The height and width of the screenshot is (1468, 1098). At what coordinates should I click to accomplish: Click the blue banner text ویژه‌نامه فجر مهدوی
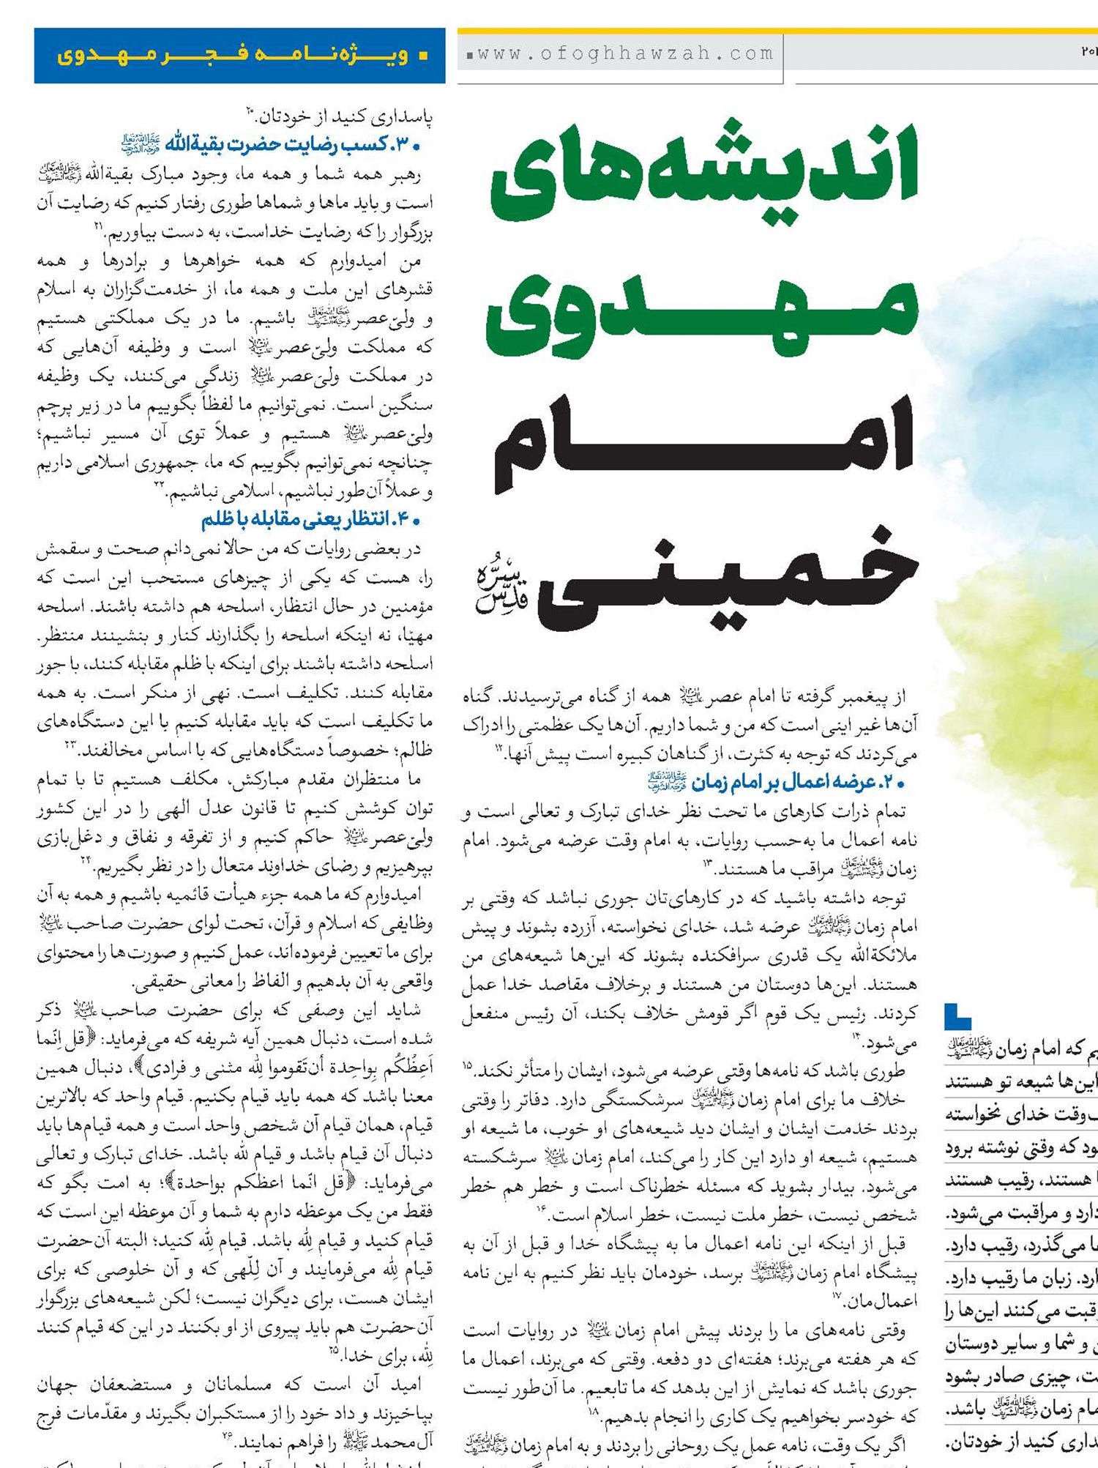(232, 56)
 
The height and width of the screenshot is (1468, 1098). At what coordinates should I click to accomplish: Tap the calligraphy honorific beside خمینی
(501, 589)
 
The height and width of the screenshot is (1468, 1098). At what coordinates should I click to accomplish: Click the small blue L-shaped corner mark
(957, 1017)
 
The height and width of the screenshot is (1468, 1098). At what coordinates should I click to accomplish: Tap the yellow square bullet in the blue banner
(422, 56)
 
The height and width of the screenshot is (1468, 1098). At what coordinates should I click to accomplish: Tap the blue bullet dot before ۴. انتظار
(416, 521)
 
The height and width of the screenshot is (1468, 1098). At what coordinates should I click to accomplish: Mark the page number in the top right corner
(1088, 51)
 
